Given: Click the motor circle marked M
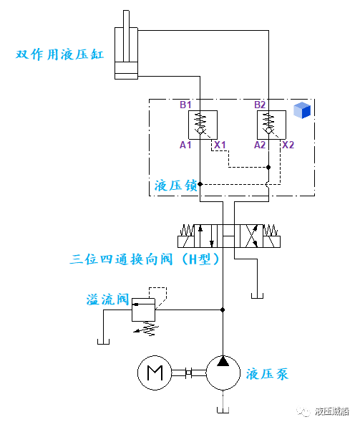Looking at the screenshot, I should tap(154, 373).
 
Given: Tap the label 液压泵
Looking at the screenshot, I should tap(267, 373).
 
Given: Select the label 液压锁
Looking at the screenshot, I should tap(175, 186).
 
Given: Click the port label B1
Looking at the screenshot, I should tap(186, 105).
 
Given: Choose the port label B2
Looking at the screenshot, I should tap(260, 105).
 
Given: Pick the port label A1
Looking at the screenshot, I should tap(186, 145).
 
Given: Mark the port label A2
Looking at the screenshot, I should tap(260, 145).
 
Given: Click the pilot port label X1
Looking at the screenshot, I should tap(220, 145).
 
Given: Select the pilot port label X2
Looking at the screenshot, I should tap(288, 145).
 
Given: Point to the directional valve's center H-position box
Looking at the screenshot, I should tap(226, 236).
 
